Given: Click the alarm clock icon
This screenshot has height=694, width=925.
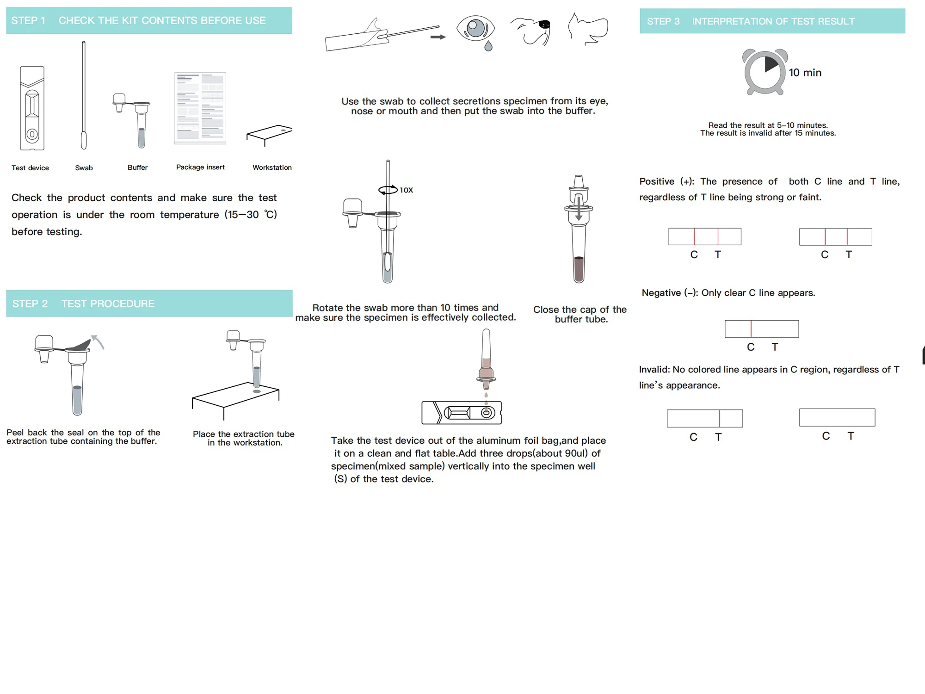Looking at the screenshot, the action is (765, 72).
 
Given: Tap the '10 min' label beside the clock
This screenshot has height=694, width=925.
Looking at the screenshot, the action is (805, 73).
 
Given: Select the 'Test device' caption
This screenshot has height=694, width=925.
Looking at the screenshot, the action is (30, 168).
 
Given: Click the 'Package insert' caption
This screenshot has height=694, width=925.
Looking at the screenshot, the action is (200, 167).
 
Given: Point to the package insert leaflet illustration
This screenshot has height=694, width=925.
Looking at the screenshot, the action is (200, 108).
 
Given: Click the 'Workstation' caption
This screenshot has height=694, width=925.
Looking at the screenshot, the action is (272, 167).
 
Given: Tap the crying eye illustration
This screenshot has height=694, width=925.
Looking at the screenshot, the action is (476, 32).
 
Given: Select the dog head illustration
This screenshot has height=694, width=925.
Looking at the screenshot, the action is (530, 31).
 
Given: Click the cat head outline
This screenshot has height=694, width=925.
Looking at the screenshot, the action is (587, 29).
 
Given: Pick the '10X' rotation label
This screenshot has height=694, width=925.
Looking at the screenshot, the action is (406, 190).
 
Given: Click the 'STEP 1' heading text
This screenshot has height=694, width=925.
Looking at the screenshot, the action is (28, 20).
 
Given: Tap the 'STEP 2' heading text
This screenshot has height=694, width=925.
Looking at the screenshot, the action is (30, 304).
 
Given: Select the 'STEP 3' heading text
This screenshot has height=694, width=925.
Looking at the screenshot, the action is (663, 21).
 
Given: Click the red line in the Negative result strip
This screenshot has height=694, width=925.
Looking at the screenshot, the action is (751, 328).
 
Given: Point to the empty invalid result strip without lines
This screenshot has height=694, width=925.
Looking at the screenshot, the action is (837, 417).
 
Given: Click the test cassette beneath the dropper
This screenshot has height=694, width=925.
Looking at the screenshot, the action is (462, 413).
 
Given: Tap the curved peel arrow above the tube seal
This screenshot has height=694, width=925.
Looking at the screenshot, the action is (98, 341).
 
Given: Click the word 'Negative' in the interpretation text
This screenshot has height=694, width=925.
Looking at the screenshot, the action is (661, 293).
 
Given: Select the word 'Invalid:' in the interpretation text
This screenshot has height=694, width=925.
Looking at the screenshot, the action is (654, 369).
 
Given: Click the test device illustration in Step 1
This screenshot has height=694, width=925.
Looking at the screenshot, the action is (32, 108).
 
